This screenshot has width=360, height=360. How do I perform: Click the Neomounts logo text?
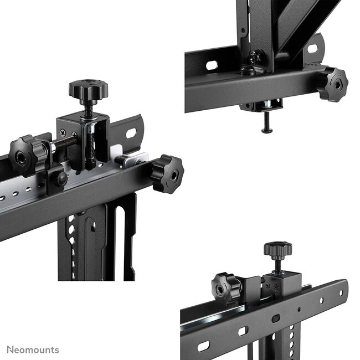coord(33,350)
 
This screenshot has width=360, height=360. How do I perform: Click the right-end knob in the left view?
coord(166,173)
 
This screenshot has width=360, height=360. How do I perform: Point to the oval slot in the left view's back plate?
coord(131,133)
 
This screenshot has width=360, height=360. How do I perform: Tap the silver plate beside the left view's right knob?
coord(133,161)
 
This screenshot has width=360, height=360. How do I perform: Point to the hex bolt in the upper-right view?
coord(255,57)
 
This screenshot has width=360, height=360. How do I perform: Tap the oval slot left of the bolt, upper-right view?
coord(212,65)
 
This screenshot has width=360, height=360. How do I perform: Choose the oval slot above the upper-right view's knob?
coord(313,49)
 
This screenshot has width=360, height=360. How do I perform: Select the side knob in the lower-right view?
coord(227,286)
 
